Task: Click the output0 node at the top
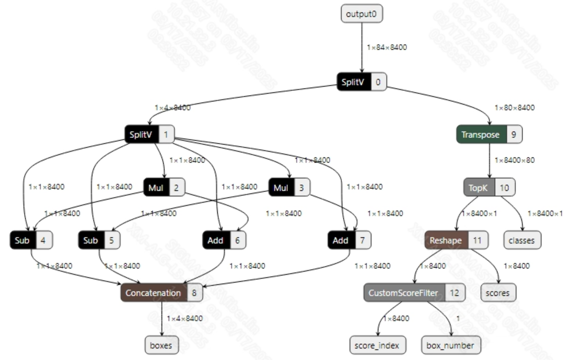[x=362, y=14]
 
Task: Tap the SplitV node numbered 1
[x=149, y=134]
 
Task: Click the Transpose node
[x=489, y=134]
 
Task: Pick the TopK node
[x=489, y=187]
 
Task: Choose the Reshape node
[x=456, y=240]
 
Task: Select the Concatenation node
[x=161, y=293]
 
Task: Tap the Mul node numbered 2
[x=164, y=188]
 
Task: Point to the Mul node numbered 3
[x=289, y=188]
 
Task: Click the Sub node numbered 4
[x=31, y=240]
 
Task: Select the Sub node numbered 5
[x=99, y=240]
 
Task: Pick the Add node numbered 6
[x=224, y=240]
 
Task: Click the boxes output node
[x=161, y=345]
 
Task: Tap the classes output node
[x=522, y=240]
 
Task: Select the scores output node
[x=499, y=293]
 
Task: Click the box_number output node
[x=450, y=345]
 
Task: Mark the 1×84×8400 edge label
[x=387, y=47]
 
